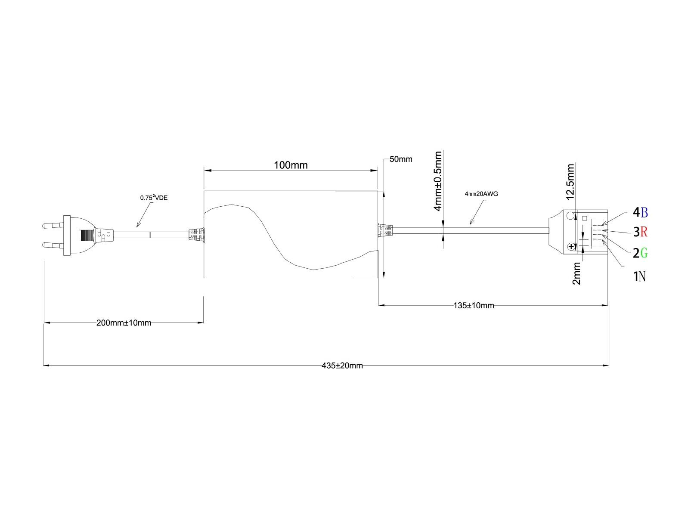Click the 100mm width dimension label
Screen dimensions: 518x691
coord(291,165)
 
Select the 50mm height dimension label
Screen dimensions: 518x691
coord(400,159)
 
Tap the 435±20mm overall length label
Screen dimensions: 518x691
coord(342,366)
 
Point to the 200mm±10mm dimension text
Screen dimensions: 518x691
coord(124,323)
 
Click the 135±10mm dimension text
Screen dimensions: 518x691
coord(474,306)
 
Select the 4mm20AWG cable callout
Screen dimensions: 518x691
coord(481,194)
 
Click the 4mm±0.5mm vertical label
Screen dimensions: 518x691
coord(438,181)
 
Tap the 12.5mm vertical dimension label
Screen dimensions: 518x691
coord(571,182)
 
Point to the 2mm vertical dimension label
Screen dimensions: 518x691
coord(577,274)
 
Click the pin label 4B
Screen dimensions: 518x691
coord(640,212)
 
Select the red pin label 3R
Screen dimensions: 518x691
coord(640,232)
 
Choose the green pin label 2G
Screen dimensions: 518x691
coord(640,253)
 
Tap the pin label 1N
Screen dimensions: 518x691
coord(639,276)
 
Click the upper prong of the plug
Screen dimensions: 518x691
coord(53,225)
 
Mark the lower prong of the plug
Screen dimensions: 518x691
coord(53,245)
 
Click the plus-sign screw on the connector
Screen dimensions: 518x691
coord(571,247)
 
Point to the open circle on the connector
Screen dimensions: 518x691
coord(571,216)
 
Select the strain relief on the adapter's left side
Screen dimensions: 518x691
coord(196,235)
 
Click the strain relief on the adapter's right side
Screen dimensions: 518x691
coord(385,230)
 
